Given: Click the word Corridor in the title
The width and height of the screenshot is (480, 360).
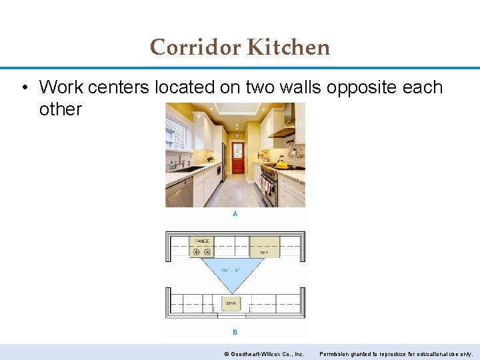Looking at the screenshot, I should (195, 47).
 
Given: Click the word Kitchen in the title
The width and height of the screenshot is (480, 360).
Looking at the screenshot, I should (288, 47).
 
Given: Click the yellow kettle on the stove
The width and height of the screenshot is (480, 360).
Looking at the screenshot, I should (282, 163).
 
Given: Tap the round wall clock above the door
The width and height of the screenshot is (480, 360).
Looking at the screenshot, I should (237, 135).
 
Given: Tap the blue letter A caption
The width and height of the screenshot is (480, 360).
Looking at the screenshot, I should (235, 214).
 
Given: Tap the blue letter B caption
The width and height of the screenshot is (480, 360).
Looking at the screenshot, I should (235, 331).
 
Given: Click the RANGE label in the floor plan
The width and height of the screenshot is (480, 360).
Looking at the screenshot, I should (201, 241).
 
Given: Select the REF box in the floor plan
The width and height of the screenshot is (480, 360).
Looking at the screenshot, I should (264, 247).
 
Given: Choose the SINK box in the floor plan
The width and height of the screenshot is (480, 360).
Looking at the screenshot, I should (231, 303).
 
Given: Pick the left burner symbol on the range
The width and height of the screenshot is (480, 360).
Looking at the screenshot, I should (196, 251).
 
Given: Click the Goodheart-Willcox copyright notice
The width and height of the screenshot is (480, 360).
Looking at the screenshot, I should (264, 353).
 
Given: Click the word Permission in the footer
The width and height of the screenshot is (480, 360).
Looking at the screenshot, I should (336, 353).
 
